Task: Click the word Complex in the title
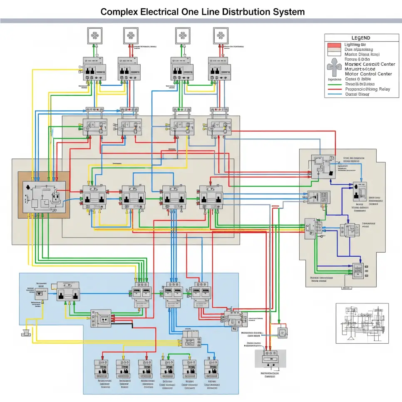tap(120, 12)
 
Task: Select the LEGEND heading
tap(360, 38)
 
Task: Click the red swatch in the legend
tap(334, 45)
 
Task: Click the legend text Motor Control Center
tap(368, 74)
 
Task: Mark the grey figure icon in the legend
tap(334, 67)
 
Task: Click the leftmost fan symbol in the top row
tap(94, 36)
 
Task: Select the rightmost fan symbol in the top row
tap(221, 36)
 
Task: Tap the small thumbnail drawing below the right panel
tap(362, 323)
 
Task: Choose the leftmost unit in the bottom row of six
tap(101, 368)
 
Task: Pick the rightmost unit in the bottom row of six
tap(211, 368)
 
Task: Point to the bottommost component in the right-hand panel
tap(358, 270)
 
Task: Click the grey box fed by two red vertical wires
tap(270, 358)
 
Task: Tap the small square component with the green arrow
tap(283, 332)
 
